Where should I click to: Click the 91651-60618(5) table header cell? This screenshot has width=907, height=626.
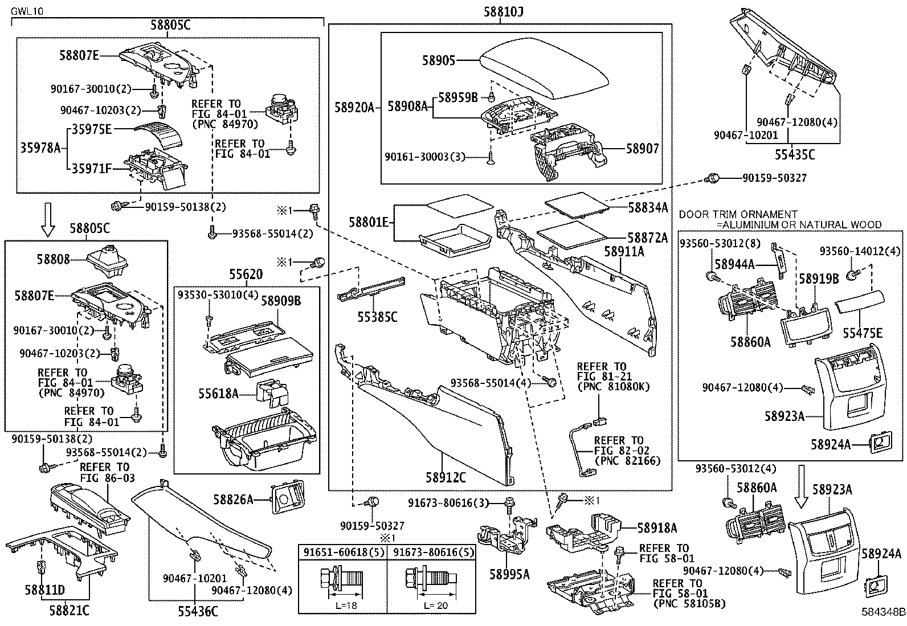[342, 552]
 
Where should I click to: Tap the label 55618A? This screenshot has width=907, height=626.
[218, 392]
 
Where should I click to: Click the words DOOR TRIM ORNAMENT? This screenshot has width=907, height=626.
[738, 214]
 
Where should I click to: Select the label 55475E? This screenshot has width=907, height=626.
[863, 333]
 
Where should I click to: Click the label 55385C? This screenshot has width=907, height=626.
[377, 317]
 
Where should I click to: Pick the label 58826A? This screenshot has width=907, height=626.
[234, 500]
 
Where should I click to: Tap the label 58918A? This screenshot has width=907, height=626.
[657, 528]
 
